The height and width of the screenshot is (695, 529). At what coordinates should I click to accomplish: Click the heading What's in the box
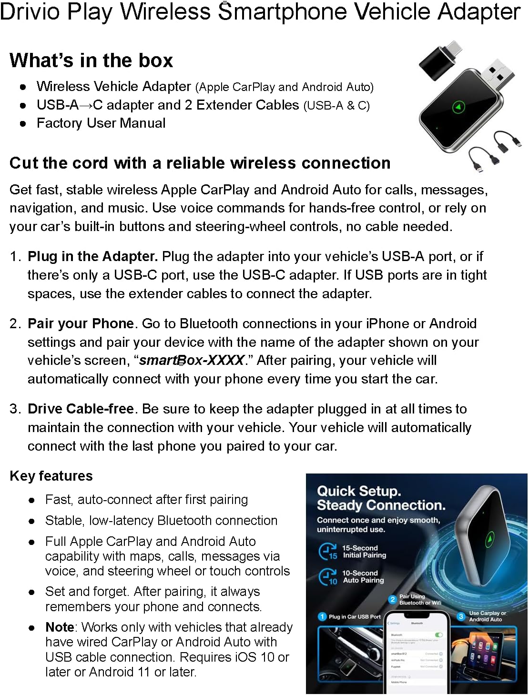pyautogui.click(x=91, y=60)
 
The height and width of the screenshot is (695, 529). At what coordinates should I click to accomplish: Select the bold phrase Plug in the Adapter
pyautogui.click(x=92, y=256)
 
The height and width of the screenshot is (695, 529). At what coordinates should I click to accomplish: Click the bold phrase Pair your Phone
pyautogui.click(x=81, y=323)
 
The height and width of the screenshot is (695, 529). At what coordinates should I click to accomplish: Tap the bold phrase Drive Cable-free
pyautogui.click(x=81, y=409)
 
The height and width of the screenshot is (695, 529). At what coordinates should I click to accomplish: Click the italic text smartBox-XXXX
pyautogui.click(x=192, y=360)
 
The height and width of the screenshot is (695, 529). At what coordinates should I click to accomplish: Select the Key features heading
pyautogui.click(x=51, y=476)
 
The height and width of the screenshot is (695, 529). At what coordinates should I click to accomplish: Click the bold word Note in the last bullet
pyautogui.click(x=60, y=627)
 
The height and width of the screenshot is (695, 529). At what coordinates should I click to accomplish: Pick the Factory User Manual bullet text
pyautogui.click(x=101, y=123)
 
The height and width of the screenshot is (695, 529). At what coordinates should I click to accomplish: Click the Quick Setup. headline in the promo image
pyautogui.click(x=359, y=491)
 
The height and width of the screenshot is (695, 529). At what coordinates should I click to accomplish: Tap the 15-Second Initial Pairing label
pyautogui.click(x=364, y=552)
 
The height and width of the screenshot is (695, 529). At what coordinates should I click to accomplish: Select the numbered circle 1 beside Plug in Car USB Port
pyautogui.click(x=322, y=617)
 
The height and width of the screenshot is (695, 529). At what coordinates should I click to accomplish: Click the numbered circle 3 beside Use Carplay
pyautogui.click(x=461, y=616)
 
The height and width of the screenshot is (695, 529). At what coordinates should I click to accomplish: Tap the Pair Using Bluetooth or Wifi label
pyautogui.click(x=420, y=599)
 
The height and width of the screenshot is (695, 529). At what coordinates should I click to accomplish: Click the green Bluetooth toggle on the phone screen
pyautogui.click(x=439, y=635)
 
